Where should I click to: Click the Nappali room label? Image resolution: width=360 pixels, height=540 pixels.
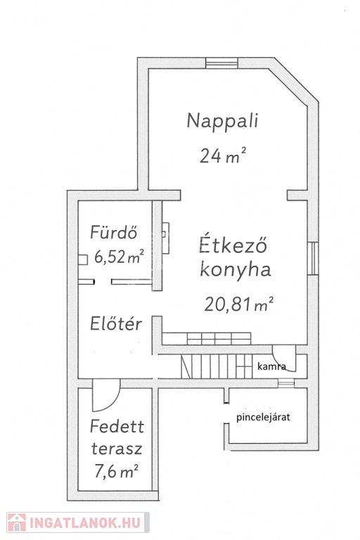coord(222,121)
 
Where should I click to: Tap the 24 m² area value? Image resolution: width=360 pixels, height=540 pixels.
coord(223,155)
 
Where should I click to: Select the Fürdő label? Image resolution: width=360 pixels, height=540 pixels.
coord(113,232)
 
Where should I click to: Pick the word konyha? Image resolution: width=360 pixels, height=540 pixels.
coord(236,270)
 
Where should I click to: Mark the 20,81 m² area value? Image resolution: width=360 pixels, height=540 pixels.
coord(239,304)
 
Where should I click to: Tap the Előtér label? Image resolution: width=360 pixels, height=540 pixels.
coord(116,323)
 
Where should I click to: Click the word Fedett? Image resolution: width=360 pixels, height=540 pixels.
coord(117,427)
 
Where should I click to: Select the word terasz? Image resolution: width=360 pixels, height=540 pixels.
coord(117,449)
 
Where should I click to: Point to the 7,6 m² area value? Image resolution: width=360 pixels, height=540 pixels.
coord(116,471)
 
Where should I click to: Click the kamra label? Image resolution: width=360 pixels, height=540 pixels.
coord(271,366)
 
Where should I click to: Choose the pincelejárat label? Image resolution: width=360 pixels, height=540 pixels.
coord(263,417)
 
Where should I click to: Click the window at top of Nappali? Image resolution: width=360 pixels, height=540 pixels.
coord(222,63)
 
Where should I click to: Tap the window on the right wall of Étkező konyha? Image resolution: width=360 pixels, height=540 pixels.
coord(313,259)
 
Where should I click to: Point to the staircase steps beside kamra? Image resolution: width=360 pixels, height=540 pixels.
coord(218,367)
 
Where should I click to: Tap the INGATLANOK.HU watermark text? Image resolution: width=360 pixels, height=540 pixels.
coord(85,523)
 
